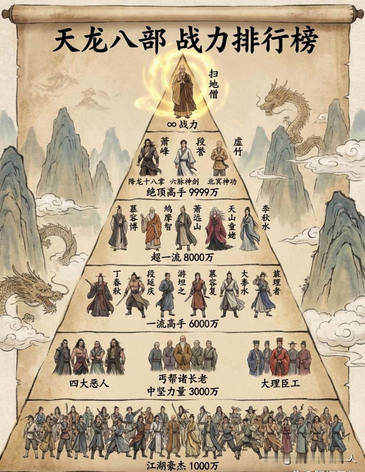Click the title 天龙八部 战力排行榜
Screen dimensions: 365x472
click(185, 41)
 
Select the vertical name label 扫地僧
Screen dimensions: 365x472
click(213, 84)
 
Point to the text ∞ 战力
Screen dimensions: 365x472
click(182, 125)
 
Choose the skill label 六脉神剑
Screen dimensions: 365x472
click(185, 181)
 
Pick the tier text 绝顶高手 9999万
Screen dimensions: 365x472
click(182, 193)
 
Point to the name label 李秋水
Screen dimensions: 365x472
click(266, 218)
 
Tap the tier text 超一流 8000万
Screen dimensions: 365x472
click(182, 257)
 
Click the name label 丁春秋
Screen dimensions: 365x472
click(117, 282)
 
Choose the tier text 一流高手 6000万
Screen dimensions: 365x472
click(182, 324)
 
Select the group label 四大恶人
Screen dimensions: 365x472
click(89, 383)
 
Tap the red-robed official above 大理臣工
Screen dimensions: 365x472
click(279, 358)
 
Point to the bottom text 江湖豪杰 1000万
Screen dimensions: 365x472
click(182, 465)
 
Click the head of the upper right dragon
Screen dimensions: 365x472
click(269, 101)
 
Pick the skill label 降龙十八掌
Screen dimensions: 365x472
click(146, 181)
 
